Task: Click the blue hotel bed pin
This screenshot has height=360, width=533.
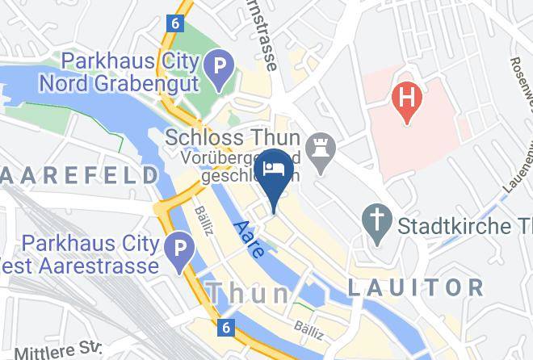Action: (x=274, y=170)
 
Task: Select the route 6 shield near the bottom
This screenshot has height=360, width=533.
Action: (x=226, y=328)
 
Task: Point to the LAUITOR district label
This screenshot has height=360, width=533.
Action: (x=416, y=287)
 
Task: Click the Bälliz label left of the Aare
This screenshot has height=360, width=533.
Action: (x=203, y=220)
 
